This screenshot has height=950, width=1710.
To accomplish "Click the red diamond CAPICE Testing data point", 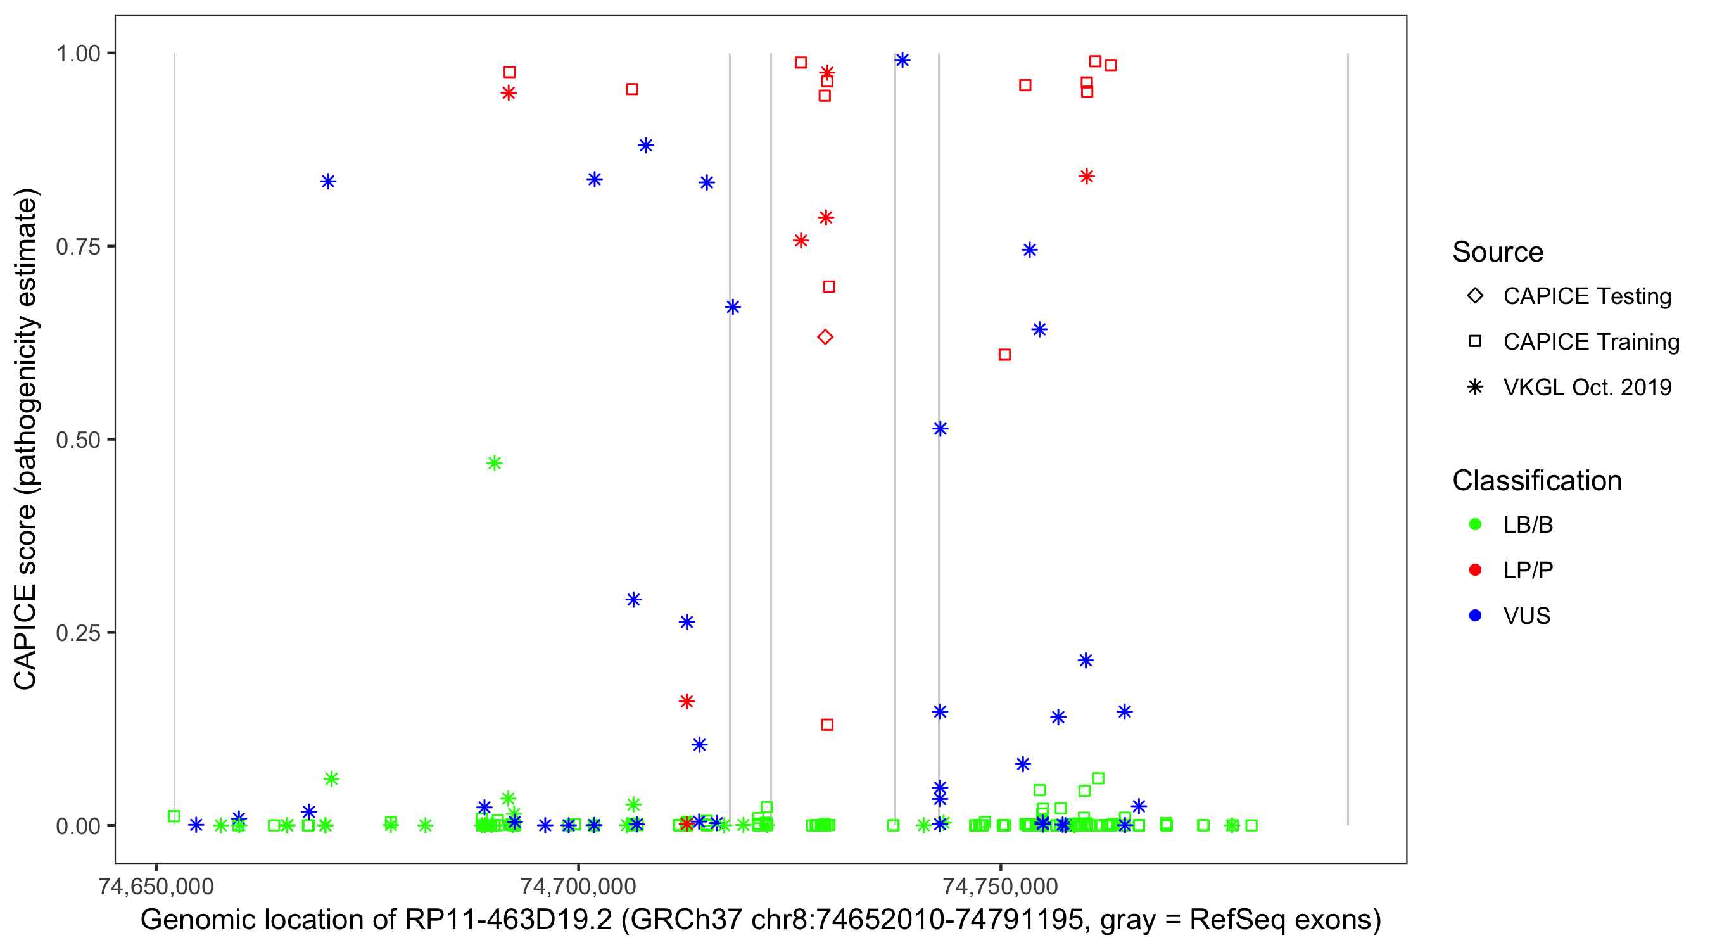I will (x=825, y=337).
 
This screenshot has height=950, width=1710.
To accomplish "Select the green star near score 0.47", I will (x=495, y=463).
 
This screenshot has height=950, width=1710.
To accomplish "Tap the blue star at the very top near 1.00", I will (x=902, y=60).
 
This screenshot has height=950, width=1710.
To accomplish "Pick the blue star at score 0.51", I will (x=940, y=428).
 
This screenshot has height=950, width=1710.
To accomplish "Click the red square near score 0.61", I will (x=1005, y=355).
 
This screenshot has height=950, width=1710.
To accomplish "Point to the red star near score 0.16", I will (x=687, y=701).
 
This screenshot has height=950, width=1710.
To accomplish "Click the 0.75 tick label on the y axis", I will (x=78, y=247).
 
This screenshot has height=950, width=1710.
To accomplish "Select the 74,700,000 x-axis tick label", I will (x=578, y=886).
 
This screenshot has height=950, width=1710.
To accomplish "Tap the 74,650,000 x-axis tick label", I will (x=156, y=886).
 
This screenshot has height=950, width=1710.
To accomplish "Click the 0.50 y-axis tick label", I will (x=78, y=440).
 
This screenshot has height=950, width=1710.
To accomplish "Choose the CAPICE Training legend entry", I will (x=1590, y=341).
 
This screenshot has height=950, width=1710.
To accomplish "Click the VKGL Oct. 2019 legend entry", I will (x=1586, y=387).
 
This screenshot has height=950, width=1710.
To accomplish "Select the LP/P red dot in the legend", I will (x=1476, y=570).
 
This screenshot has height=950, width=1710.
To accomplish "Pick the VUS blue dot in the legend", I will (x=1476, y=616).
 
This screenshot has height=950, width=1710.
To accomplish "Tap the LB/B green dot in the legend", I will (x=1476, y=524).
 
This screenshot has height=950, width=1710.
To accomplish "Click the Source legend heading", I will (x=1498, y=252).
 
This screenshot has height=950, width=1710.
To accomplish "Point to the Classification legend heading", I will (x=1536, y=481).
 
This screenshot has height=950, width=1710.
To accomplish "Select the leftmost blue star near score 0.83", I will (x=328, y=181).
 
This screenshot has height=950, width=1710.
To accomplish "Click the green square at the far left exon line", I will (x=174, y=816).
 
